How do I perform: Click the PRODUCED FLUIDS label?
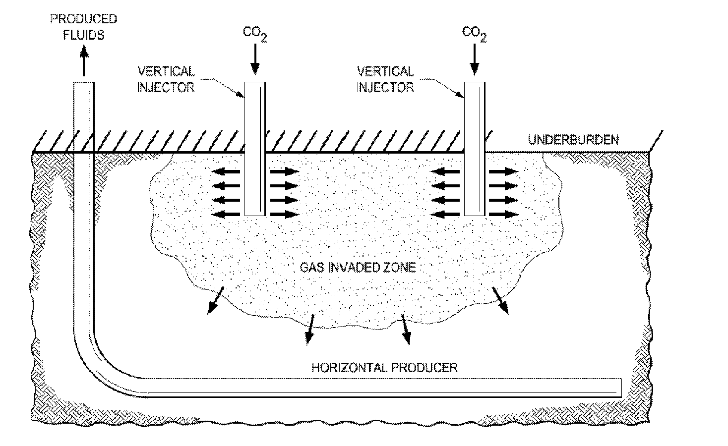pyautogui.click(x=83, y=27)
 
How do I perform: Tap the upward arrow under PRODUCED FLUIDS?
pyautogui.click(x=84, y=60)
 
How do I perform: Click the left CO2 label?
pyautogui.click(x=255, y=34)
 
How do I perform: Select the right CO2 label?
pyautogui.click(x=475, y=34)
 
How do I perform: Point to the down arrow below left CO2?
pyautogui.click(x=255, y=59)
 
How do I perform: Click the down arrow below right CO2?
pyautogui.click(x=475, y=59)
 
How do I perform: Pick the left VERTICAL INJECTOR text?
pyautogui.click(x=166, y=79)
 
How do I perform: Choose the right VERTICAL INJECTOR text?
pyautogui.click(x=385, y=79)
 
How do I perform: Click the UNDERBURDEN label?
pyautogui.click(x=573, y=140)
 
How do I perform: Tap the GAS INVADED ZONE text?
pyautogui.click(x=358, y=267)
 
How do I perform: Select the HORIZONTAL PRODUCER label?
pyautogui.click(x=384, y=367)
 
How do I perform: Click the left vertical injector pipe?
pyautogui.click(x=255, y=149)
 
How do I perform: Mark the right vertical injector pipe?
pyautogui.click(x=475, y=149)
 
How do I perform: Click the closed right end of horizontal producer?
pyautogui.click(x=621, y=388)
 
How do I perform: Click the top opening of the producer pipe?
pyautogui.click(x=84, y=83)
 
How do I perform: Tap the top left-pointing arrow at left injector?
pyautogui.click(x=226, y=171)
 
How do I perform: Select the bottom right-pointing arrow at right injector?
pyautogui.click(x=504, y=215)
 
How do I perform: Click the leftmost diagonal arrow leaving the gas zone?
pyautogui.click(x=216, y=300)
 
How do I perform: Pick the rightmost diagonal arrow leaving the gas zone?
pyautogui.click(x=500, y=300)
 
